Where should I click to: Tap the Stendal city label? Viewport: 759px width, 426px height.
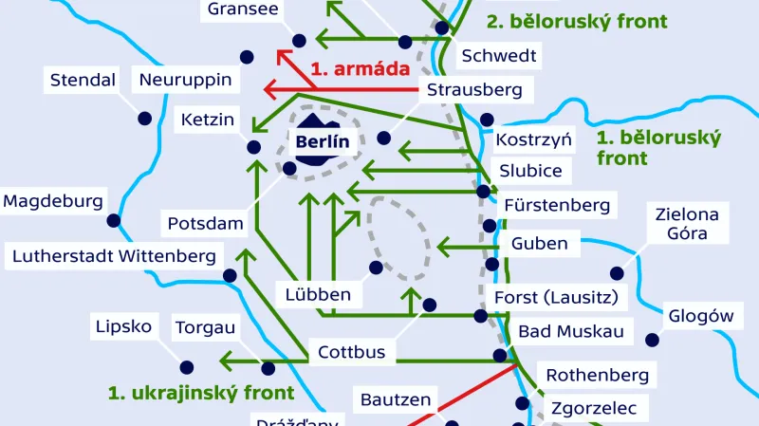(83, 80)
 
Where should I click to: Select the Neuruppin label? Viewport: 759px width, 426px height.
(185, 80)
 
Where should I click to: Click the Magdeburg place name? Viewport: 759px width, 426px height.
(52, 201)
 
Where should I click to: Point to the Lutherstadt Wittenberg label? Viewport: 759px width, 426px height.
(114, 255)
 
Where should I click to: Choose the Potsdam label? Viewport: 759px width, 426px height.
(206, 225)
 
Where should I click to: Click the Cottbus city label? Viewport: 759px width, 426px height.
(351, 352)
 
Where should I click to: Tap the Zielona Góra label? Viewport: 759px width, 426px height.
(687, 224)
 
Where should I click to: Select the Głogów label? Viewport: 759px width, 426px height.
(701, 316)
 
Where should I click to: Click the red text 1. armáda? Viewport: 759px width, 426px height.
(360, 68)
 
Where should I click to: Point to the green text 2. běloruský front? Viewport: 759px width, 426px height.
(576, 21)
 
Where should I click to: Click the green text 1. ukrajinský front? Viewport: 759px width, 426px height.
(201, 392)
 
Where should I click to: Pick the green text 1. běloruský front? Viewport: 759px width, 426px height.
(658, 148)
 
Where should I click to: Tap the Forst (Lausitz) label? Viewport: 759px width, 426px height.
(556, 298)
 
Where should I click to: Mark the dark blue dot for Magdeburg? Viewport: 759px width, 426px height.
(114, 220)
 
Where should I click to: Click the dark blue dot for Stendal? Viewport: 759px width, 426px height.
(145, 119)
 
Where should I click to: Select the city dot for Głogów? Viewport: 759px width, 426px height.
(652, 340)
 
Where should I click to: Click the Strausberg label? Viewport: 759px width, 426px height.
(474, 90)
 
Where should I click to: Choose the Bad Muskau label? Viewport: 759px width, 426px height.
(570, 331)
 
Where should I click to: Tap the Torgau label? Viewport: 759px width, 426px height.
(205, 328)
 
